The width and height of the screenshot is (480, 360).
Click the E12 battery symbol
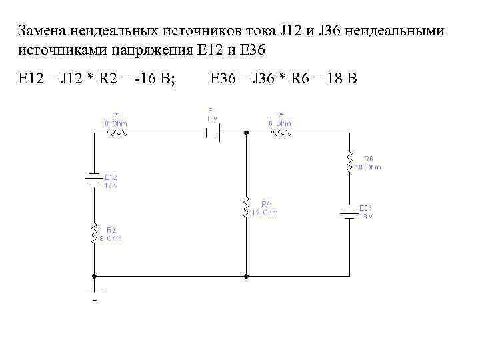(x=95, y=179)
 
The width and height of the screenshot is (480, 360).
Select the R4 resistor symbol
(x=247, y=207)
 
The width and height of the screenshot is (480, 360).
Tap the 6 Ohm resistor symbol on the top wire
(x=281, y=133)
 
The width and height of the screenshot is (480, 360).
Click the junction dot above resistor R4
(x=247, y=133)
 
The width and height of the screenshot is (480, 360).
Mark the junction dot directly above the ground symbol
(x=95, y=275)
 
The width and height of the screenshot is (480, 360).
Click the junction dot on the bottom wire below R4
(x=247, y=275)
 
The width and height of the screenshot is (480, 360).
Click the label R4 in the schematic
(x=265, y=203)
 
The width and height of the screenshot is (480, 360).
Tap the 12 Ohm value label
(x=265, y=213)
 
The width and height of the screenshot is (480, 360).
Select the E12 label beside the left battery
(x=111, y=177)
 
